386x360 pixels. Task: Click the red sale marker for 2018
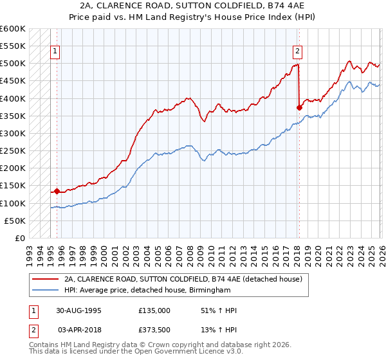299,107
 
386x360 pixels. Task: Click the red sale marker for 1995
57,191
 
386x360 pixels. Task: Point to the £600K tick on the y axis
13,29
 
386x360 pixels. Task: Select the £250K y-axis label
13,151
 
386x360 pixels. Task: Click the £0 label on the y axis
19,238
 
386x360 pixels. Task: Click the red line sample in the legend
45,280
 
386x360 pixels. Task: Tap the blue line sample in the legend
45,291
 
